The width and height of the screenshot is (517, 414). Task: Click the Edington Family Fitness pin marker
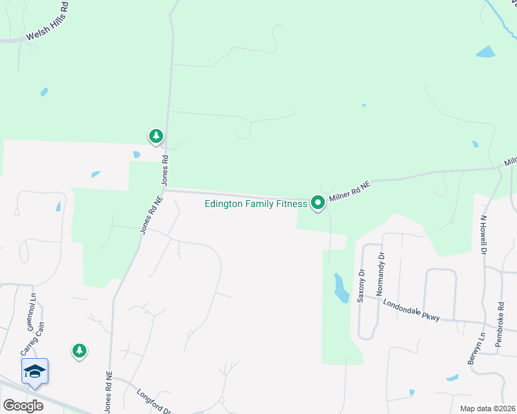point(318,202)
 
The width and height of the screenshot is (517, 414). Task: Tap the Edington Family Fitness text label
point(256,204)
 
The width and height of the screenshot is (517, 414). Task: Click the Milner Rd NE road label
point(350,191)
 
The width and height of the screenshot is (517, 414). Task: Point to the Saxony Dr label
point(360,286)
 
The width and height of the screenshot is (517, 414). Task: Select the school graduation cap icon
point(35,372)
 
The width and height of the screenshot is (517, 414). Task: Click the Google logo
point(23,406)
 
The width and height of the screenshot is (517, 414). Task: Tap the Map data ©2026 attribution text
point(487,408)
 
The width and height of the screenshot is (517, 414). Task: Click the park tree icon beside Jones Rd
point(157,136)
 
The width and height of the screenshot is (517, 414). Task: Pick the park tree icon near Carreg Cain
point(79,351)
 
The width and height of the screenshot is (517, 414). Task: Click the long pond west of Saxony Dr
point(341,288)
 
